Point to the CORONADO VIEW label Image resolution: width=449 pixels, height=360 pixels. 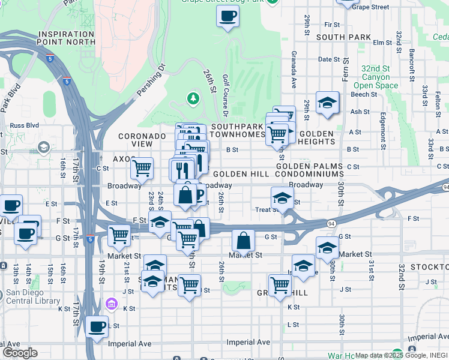coord(142,140)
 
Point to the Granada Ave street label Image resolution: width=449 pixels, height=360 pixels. coord(294,69)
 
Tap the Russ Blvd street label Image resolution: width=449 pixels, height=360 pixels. coord(21,126)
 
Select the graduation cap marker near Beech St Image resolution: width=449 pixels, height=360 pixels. coord(327,103)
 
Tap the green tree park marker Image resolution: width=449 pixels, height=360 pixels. coord(193,98)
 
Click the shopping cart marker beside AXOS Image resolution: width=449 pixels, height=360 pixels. coord(142,168)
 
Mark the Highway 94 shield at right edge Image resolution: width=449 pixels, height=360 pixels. coord(445,188)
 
